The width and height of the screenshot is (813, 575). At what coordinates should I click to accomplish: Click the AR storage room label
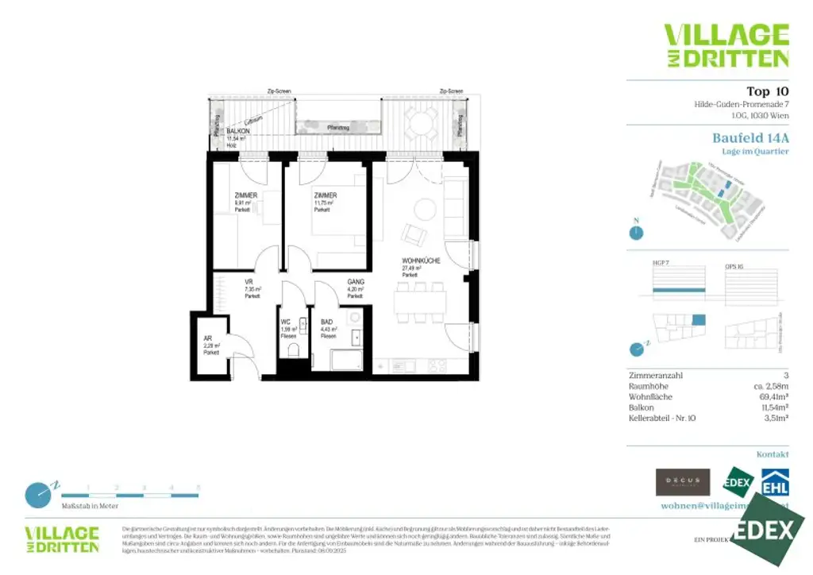209,338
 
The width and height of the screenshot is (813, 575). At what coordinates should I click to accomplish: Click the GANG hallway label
355,282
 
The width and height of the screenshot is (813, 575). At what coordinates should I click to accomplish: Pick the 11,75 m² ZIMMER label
325,195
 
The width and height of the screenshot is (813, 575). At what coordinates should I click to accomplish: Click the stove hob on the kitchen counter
437,366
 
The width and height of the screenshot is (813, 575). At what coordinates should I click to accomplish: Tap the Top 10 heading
767,91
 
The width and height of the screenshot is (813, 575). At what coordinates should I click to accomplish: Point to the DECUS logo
682,482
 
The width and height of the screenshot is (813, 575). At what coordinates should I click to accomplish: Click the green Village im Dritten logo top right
726,46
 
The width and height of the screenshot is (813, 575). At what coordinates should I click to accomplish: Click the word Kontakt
773,455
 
